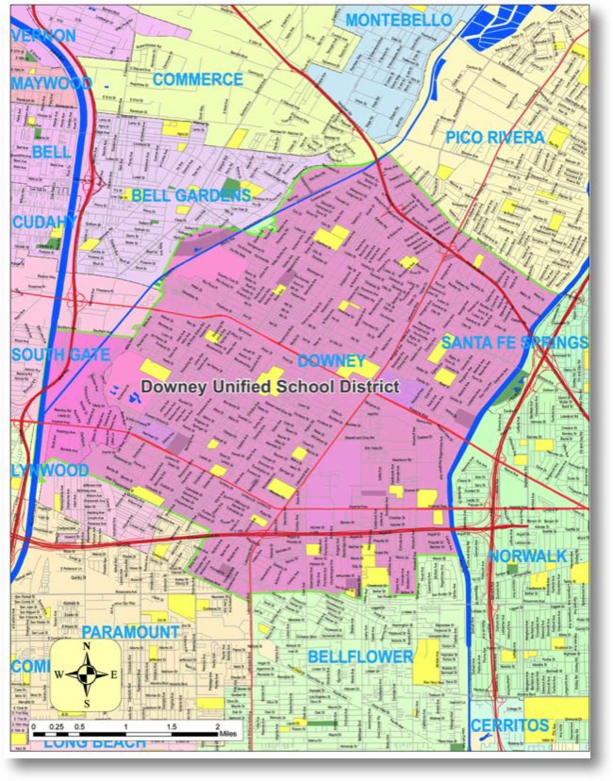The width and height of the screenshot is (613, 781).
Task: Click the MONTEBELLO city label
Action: click(399, 20)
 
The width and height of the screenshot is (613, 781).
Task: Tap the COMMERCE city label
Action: click(198, 79)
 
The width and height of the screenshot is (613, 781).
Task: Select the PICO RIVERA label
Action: click(495, 138)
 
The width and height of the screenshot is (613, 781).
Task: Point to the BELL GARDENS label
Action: click(191, 195)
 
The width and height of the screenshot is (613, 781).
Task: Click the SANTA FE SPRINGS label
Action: click(515, 342)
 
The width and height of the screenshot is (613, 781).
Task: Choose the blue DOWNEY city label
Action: click(331, 361)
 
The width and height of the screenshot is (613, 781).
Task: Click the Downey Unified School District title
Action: click(270, 387)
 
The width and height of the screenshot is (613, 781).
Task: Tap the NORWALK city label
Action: click(527, 557)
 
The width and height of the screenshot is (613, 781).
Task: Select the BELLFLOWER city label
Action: click(360, 656)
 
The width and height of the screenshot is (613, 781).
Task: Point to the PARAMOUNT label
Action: click(131, 631)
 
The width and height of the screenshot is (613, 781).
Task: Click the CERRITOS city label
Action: click(510, 725)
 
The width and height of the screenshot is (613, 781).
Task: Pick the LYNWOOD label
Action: click(50, 470)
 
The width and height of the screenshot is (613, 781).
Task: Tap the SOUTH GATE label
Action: click(61, 354)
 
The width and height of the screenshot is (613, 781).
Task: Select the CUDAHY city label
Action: click(45, 222)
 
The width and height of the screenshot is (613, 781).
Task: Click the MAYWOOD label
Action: click(51, 83)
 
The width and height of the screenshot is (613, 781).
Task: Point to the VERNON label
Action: click(45, 35)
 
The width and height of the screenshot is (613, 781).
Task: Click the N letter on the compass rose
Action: click(86, 647)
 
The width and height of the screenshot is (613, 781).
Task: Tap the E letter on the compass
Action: click(114, 675)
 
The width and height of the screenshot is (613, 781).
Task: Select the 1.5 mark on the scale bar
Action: click(172, 727)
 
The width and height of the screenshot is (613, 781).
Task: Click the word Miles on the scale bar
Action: click(227, 734)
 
